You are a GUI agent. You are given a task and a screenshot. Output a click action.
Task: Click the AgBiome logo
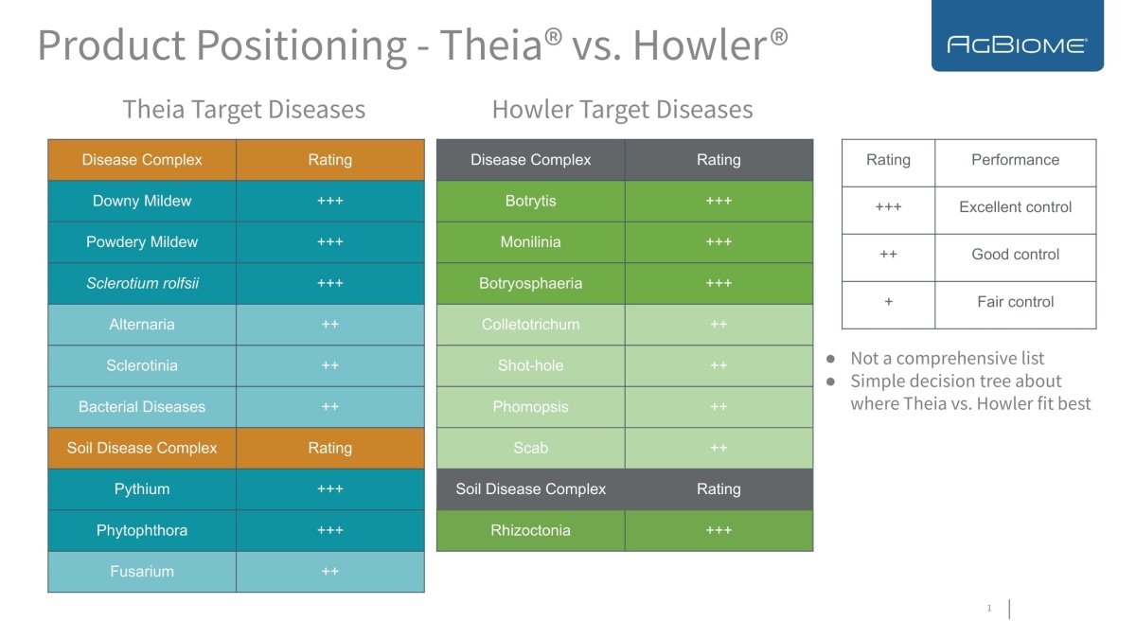tap(1017, 44)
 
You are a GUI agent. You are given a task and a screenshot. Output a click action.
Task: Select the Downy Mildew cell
tap(142, 201)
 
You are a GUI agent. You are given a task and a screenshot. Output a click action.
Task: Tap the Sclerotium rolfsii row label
tap(142, 283)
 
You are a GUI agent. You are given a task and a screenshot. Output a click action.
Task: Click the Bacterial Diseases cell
tap(142, 407)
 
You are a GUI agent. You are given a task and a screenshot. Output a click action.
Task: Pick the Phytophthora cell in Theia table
tap(142, 530)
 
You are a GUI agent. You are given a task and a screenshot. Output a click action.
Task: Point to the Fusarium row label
tap(142, 572)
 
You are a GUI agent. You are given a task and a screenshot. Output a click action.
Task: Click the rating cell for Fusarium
tap(329, 572)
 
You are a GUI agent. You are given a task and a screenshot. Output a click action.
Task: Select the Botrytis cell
tap(530, 201)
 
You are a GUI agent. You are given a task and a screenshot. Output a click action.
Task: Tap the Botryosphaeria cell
tap(530, 283)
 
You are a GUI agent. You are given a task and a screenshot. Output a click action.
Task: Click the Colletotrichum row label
tap(530, 325)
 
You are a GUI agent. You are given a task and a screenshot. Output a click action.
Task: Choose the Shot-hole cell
tap(530, 365)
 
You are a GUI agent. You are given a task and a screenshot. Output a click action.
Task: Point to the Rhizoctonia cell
tap(530, 530)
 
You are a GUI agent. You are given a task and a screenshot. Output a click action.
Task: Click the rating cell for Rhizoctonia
tap(719, 530)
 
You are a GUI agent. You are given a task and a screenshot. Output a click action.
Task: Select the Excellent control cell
tap(1015, 207)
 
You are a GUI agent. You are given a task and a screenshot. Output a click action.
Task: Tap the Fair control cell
tap(1015, 302)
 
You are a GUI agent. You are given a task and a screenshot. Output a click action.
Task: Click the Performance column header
tap(1015, 160)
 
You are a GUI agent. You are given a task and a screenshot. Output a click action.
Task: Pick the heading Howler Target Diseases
tap(622, 110)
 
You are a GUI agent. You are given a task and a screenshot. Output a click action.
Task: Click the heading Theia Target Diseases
tap(243, 110)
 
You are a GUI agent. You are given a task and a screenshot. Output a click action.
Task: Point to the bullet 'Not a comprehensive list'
tap(947, 358)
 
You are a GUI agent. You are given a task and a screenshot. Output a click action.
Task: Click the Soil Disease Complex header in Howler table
tap(530, 489)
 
